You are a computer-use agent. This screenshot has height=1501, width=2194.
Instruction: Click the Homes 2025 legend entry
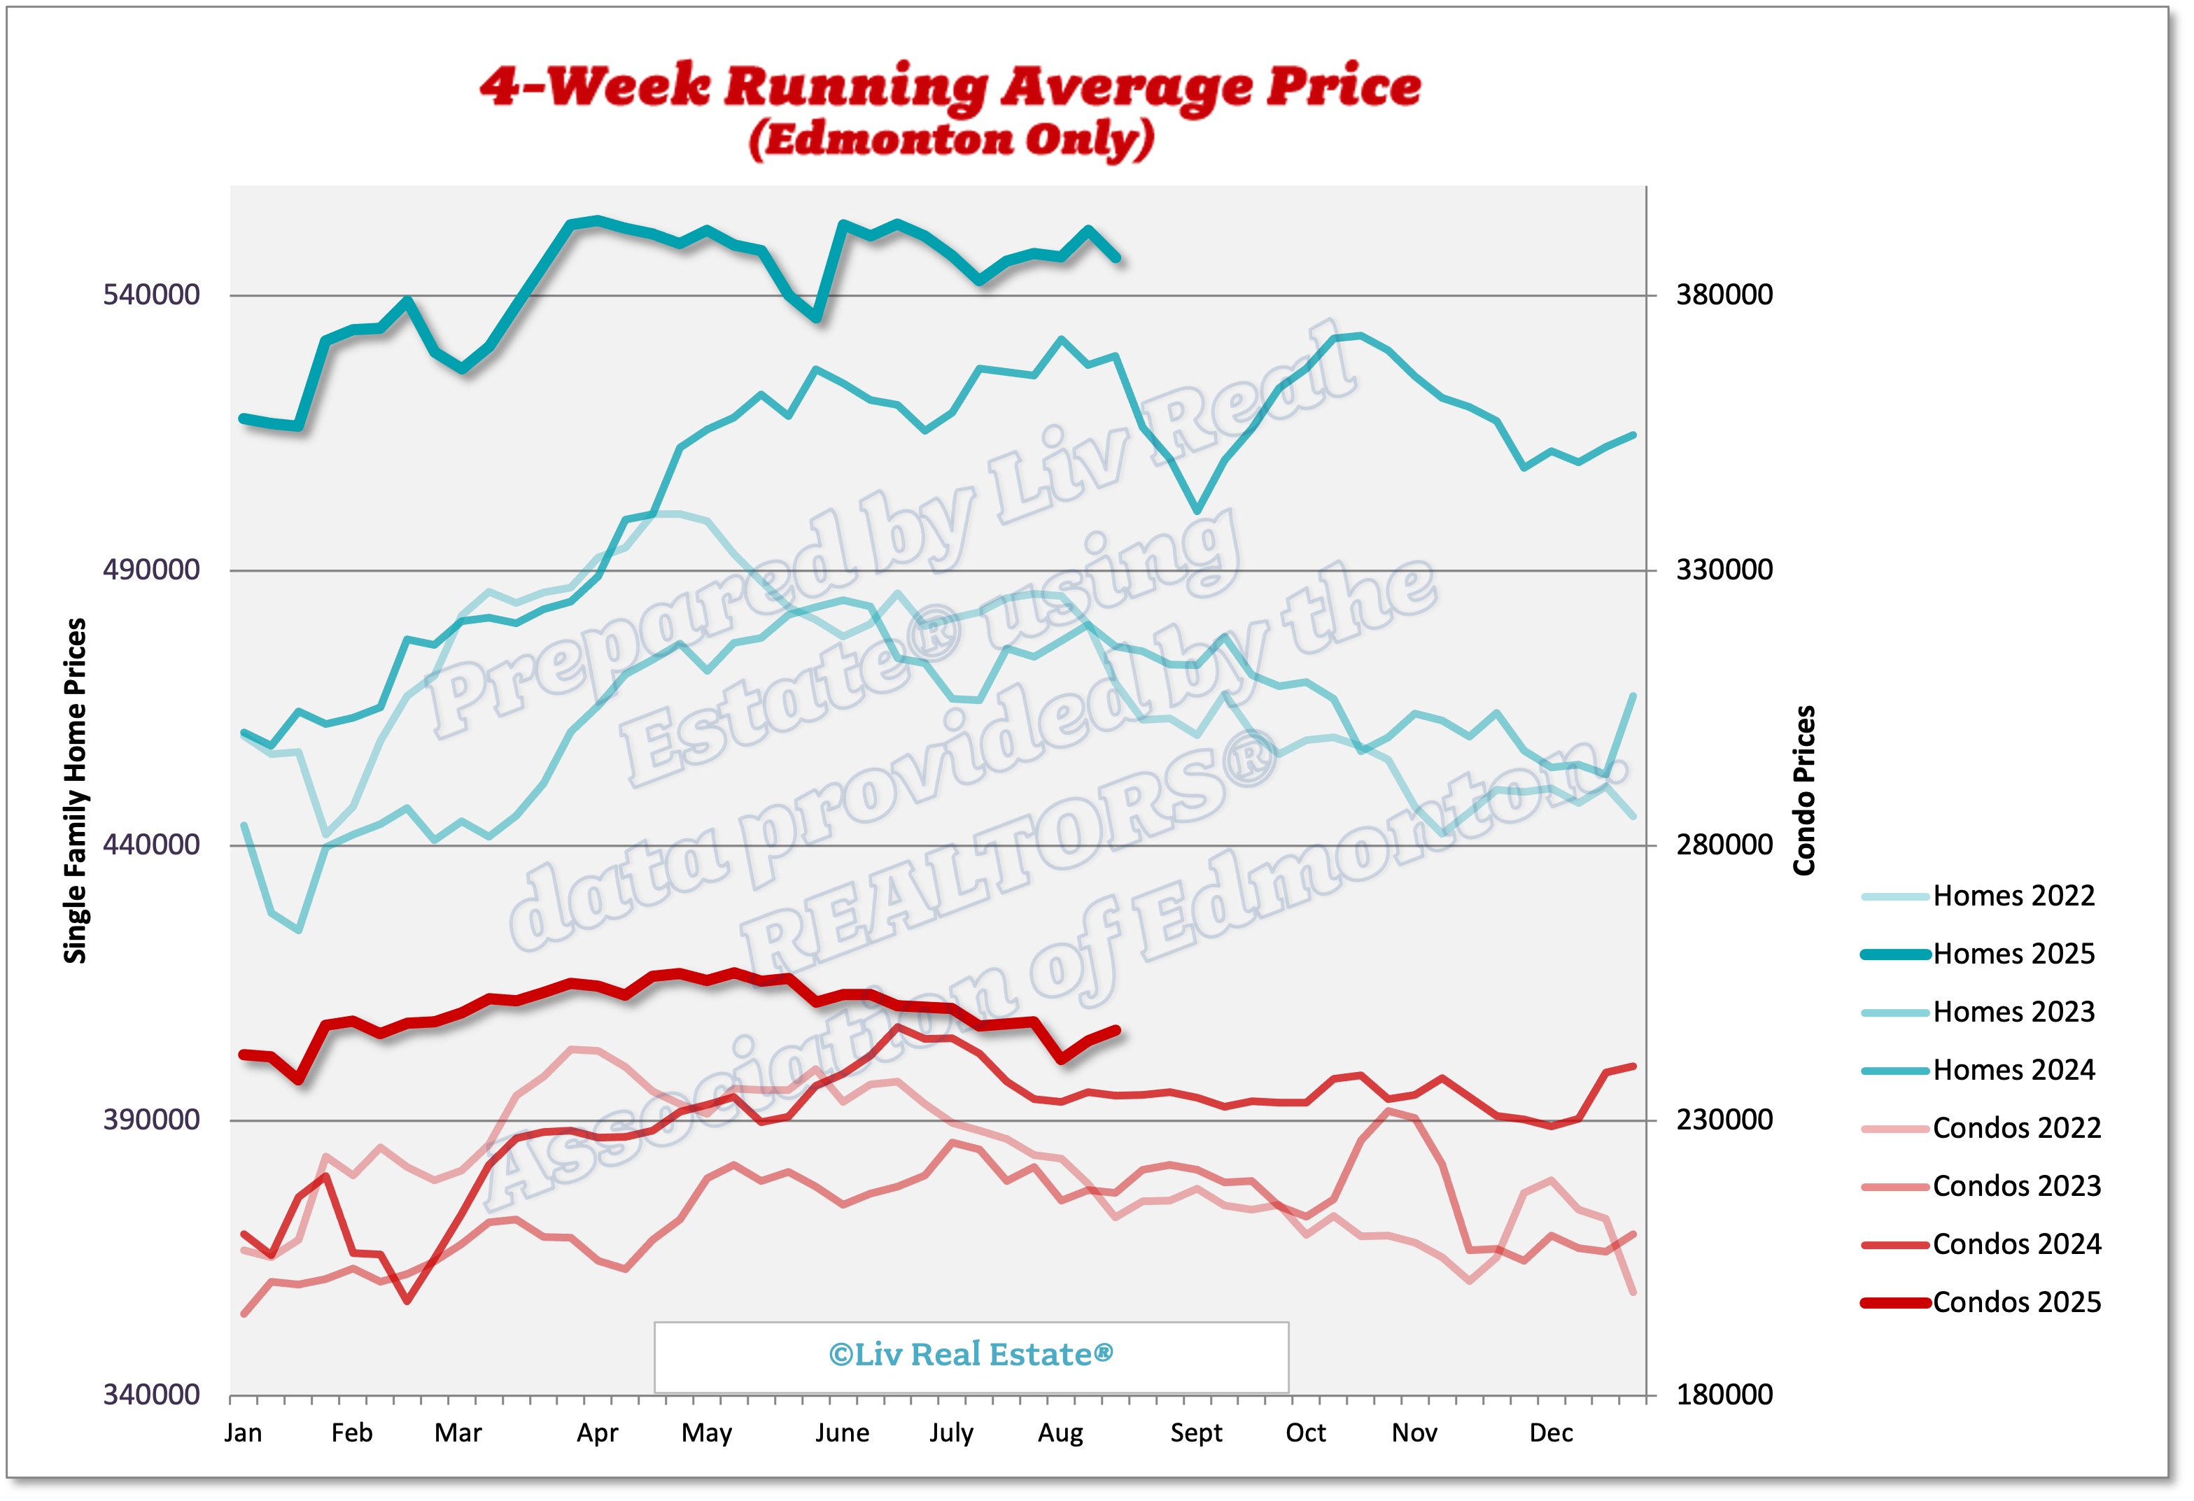tap(2013, 954)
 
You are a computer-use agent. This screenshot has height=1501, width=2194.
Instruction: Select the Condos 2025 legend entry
tap(2016, 1303)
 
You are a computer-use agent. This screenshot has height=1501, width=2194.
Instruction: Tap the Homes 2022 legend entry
tap(2013, 896)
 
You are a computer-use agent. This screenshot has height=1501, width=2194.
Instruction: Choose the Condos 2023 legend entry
tap(2016, 1187)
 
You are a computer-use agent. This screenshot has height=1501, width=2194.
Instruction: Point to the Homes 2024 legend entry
tap(2013, 1071)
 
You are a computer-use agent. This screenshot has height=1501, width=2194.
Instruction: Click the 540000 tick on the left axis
tap(151, 295)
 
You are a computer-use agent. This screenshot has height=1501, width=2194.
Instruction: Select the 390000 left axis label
tap(151, 1120)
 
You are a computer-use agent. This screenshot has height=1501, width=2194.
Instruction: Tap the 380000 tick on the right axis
tap(1724, 295)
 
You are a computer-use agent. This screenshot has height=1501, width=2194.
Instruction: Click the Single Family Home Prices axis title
tap(76, 791)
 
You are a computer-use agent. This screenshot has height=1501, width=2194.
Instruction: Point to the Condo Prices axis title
tap(1804, 791)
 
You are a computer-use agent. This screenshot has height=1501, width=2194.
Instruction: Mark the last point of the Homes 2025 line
tap(1118, 258)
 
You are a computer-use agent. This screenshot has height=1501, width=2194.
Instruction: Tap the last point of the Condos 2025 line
tap(1118, 1030)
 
